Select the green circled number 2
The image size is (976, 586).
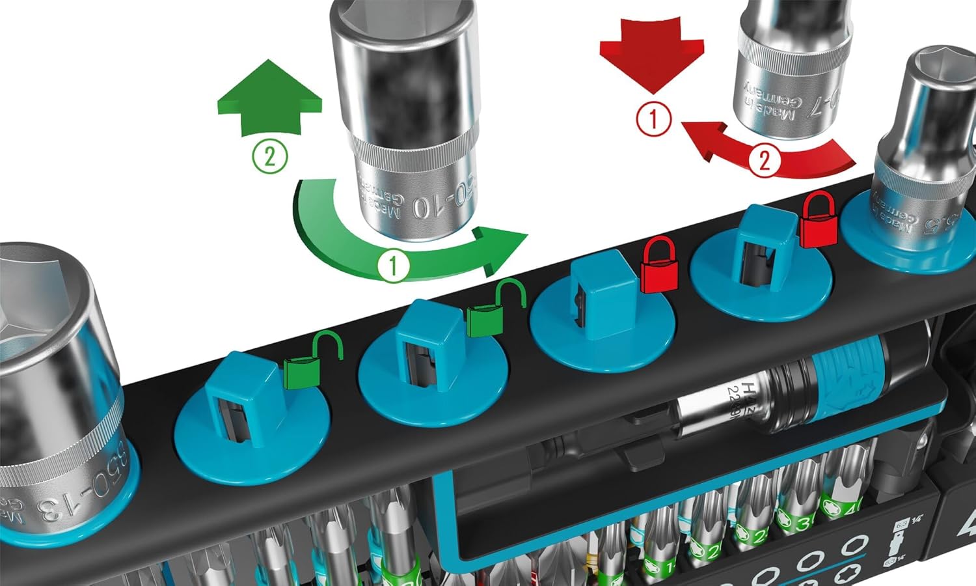(x=269, y=157)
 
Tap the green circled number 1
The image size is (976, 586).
(x=393, y=266)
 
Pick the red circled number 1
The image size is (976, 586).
(x=653, y=120)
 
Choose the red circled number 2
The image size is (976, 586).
(x=765, y=159)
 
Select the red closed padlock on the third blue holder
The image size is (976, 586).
(x=659, y=267)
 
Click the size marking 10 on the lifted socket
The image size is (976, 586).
(x=420, y=207)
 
